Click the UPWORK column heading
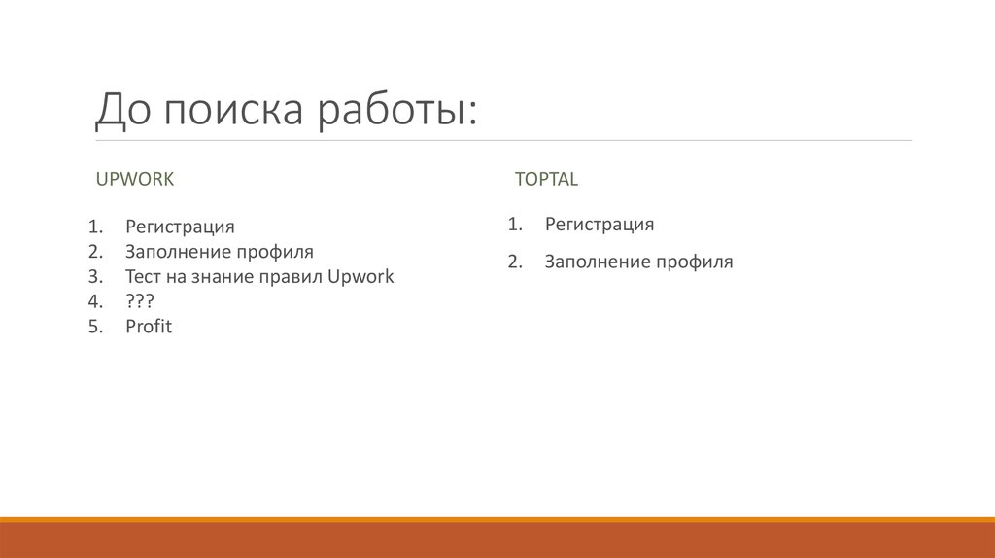(x=134, y=179)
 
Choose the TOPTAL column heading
(x=546, y=179)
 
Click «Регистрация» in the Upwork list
(x=180, y=227)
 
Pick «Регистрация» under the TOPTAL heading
(x=599, y=225)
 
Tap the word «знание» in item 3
(x=226, y=276)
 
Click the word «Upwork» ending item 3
(x=360, y=276)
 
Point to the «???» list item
(x=140, y=301)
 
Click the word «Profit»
(x=149, y=327)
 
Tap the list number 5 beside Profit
(x=93, y=327)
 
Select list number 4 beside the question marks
(x=93, y=301)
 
